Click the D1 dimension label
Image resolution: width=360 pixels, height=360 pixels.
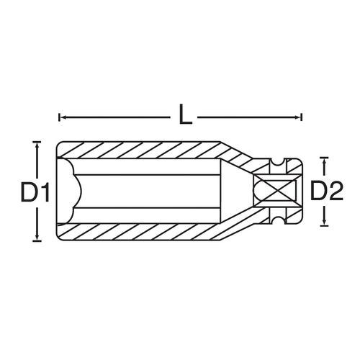coord(35,192)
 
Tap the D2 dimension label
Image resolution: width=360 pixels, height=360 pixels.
coord(327,191)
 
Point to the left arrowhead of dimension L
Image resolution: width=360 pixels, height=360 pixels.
coord(61,117)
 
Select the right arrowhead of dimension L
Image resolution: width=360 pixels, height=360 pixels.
coord(299,117)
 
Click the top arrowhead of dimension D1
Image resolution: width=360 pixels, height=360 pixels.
coord(37,145)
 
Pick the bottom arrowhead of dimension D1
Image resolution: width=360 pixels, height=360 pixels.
coord(37,238)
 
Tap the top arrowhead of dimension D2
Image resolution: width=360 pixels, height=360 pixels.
coord(324,161)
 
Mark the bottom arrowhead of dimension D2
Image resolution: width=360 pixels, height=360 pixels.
coord(324,222)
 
